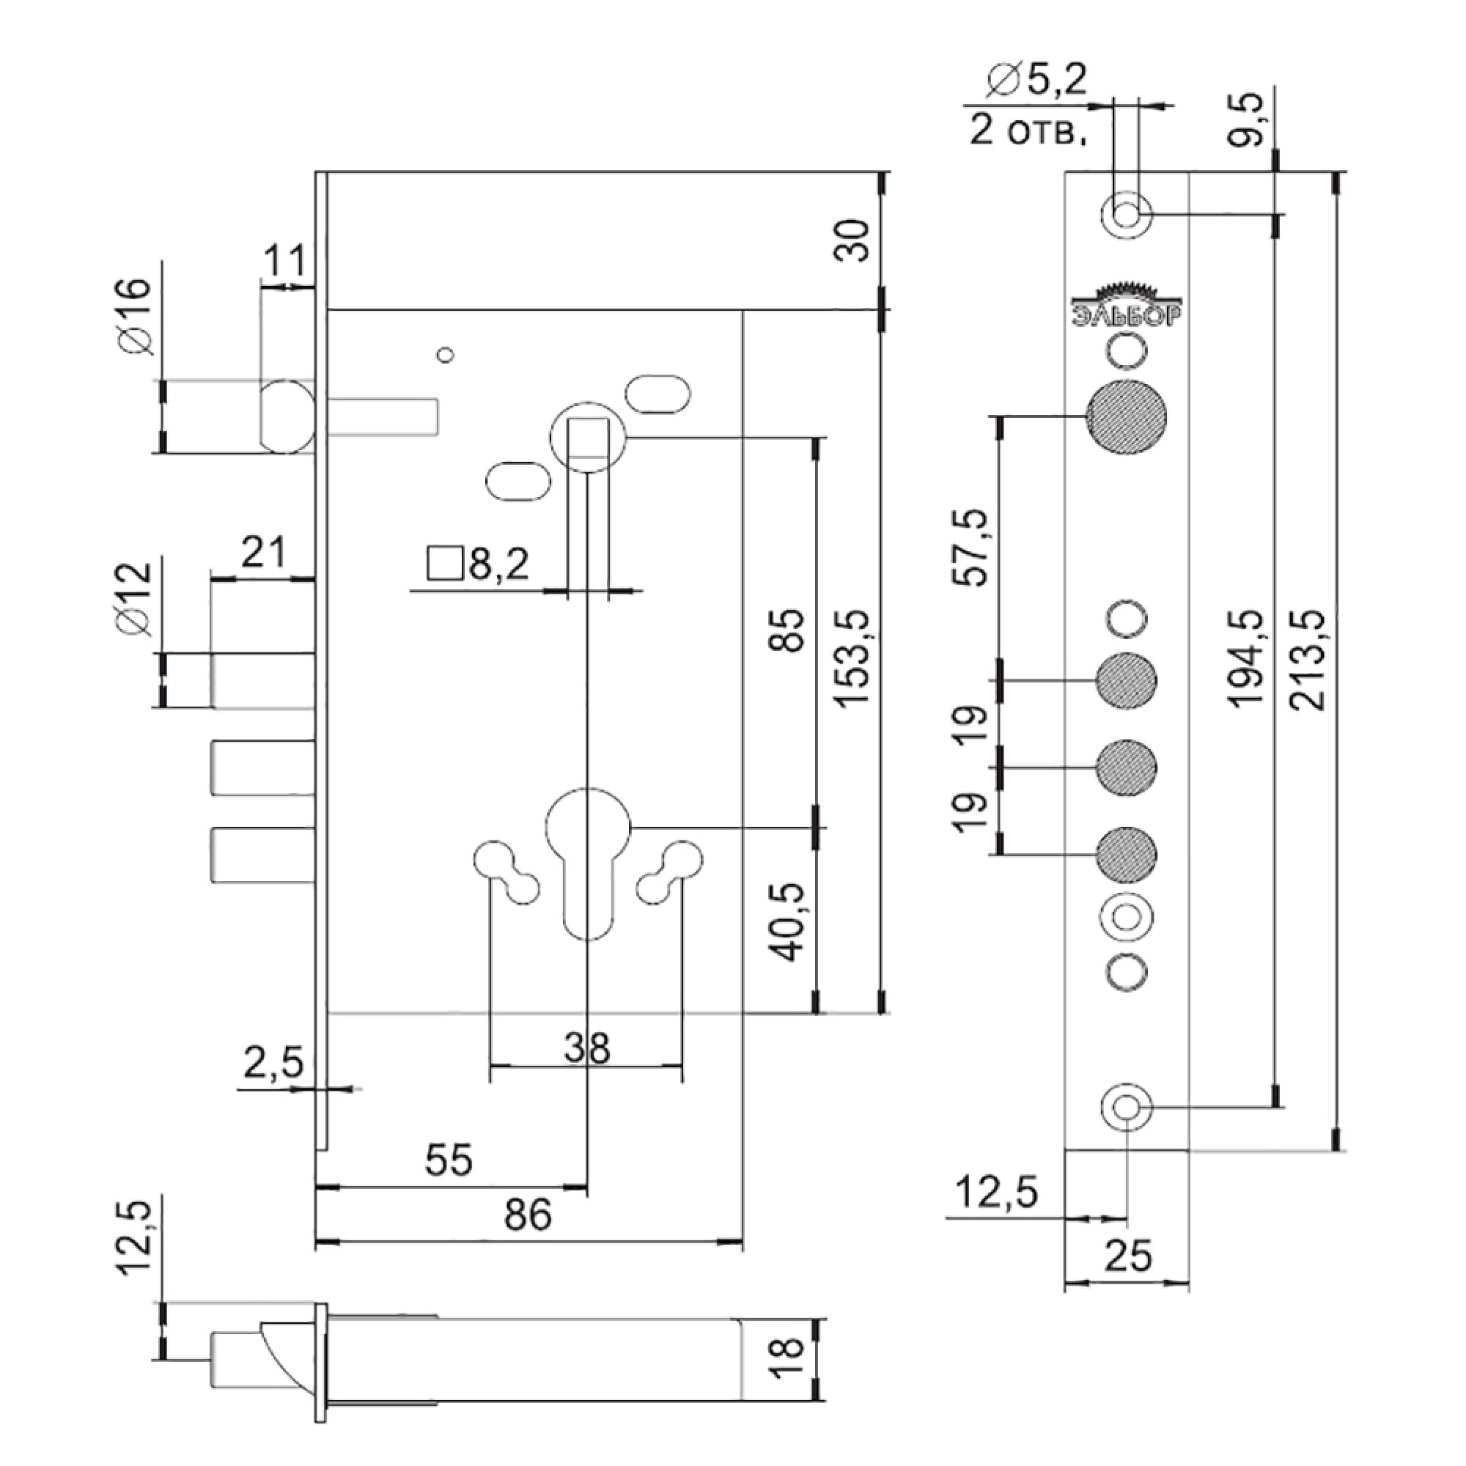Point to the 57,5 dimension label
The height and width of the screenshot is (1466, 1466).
coord(972,547)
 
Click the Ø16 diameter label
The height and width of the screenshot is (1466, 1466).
coord(136,317)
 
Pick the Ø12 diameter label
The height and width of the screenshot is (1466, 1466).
coord(136,600)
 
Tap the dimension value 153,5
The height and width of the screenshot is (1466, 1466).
coord(854,659)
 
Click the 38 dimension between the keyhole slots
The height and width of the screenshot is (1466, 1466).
coord(586,1049)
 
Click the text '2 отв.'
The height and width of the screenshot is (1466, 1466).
coord(1028,132)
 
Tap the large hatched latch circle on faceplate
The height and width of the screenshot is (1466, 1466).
coord(1126,416)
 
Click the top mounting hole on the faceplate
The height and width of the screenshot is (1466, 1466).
coord(1126,215)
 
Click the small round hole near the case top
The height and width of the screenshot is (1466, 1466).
coord(446,354)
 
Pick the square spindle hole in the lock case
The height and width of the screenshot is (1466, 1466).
coord(588,437)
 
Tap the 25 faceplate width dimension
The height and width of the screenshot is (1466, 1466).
coord(1128,1256)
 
